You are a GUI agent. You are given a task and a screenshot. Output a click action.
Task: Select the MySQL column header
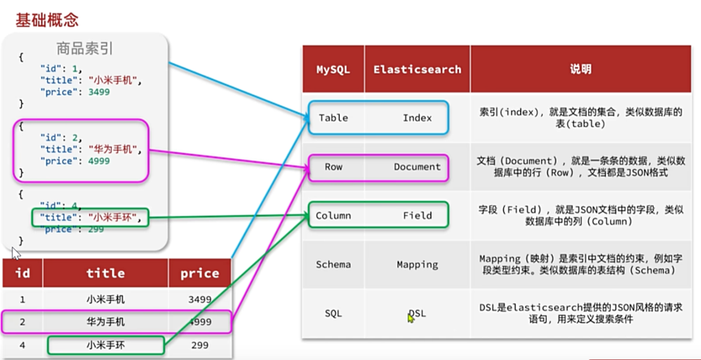coord(333,70)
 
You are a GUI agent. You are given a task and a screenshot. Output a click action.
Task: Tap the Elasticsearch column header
coord(417,70)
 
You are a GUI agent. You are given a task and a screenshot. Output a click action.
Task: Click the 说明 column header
coord(580,70)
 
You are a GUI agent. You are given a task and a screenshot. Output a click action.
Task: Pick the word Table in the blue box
coord(333,118)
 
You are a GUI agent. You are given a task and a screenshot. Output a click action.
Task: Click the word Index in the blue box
coord(417,118)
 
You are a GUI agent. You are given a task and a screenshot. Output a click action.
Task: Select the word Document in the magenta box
coord(417,167)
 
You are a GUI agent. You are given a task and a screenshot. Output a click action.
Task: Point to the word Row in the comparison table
coord(333,167)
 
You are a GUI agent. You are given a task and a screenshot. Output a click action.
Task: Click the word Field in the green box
coord(417,216)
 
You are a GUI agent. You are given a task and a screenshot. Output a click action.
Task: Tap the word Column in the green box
coord(333,216)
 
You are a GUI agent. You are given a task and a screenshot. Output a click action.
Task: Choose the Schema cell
coord(333,264)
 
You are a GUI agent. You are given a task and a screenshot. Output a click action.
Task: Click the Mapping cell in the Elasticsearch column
coord(417,264)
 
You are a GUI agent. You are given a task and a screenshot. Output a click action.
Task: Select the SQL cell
coord(333,313)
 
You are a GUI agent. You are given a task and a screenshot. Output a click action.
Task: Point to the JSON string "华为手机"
coord(117,149)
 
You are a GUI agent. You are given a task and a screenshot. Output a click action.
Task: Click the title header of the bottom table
coord(105,274)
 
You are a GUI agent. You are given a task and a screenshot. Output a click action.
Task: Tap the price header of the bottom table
coord(200,274)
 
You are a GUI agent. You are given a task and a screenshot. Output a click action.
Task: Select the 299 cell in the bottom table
coord(200,345)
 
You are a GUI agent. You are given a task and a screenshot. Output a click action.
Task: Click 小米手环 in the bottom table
coord(105,345)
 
